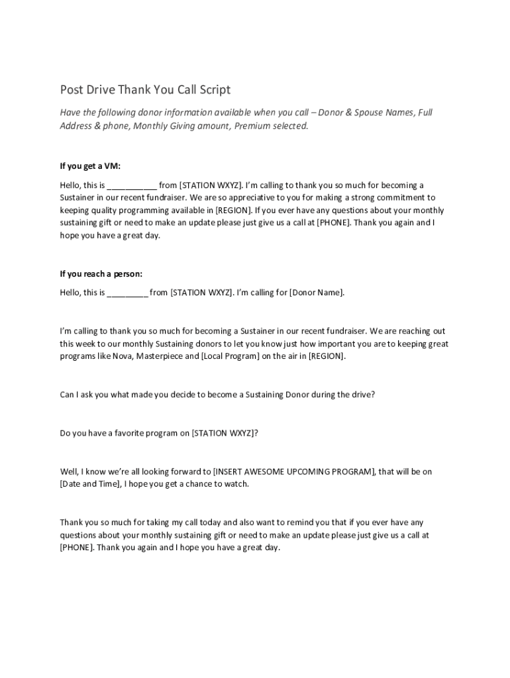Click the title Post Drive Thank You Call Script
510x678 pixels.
click(145, 89)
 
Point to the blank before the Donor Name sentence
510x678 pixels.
click(127, 293)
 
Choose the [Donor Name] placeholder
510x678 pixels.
click(317, 293)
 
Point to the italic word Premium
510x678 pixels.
click(242, 126)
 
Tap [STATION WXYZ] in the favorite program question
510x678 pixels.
click(222, 434)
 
